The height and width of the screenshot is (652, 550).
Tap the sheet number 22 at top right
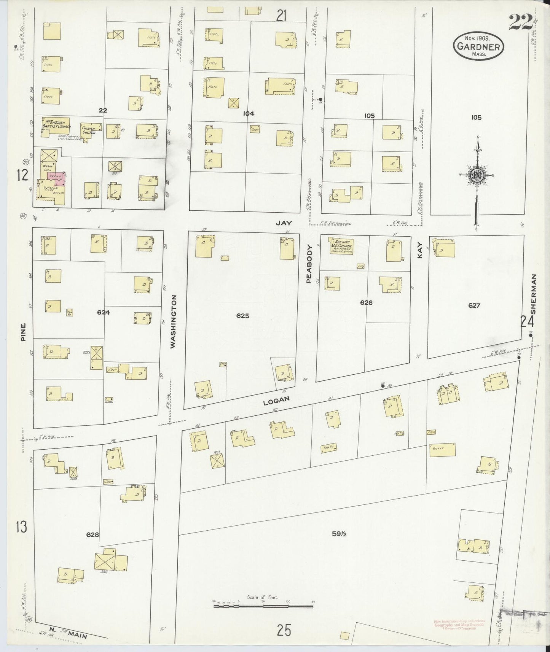[x=520, y=22]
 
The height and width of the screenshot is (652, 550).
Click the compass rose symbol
[x=476, y=175]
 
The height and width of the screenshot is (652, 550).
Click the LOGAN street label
[x=276, y=400]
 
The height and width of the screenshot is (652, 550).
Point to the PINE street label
[x=23, y=332]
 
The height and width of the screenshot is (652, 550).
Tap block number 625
[x=242, y=315]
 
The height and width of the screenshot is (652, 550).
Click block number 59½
[x=338, y=534]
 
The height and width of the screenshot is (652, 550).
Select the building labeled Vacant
[x=442, y=449]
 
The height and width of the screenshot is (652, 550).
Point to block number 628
[x=92, y=534]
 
